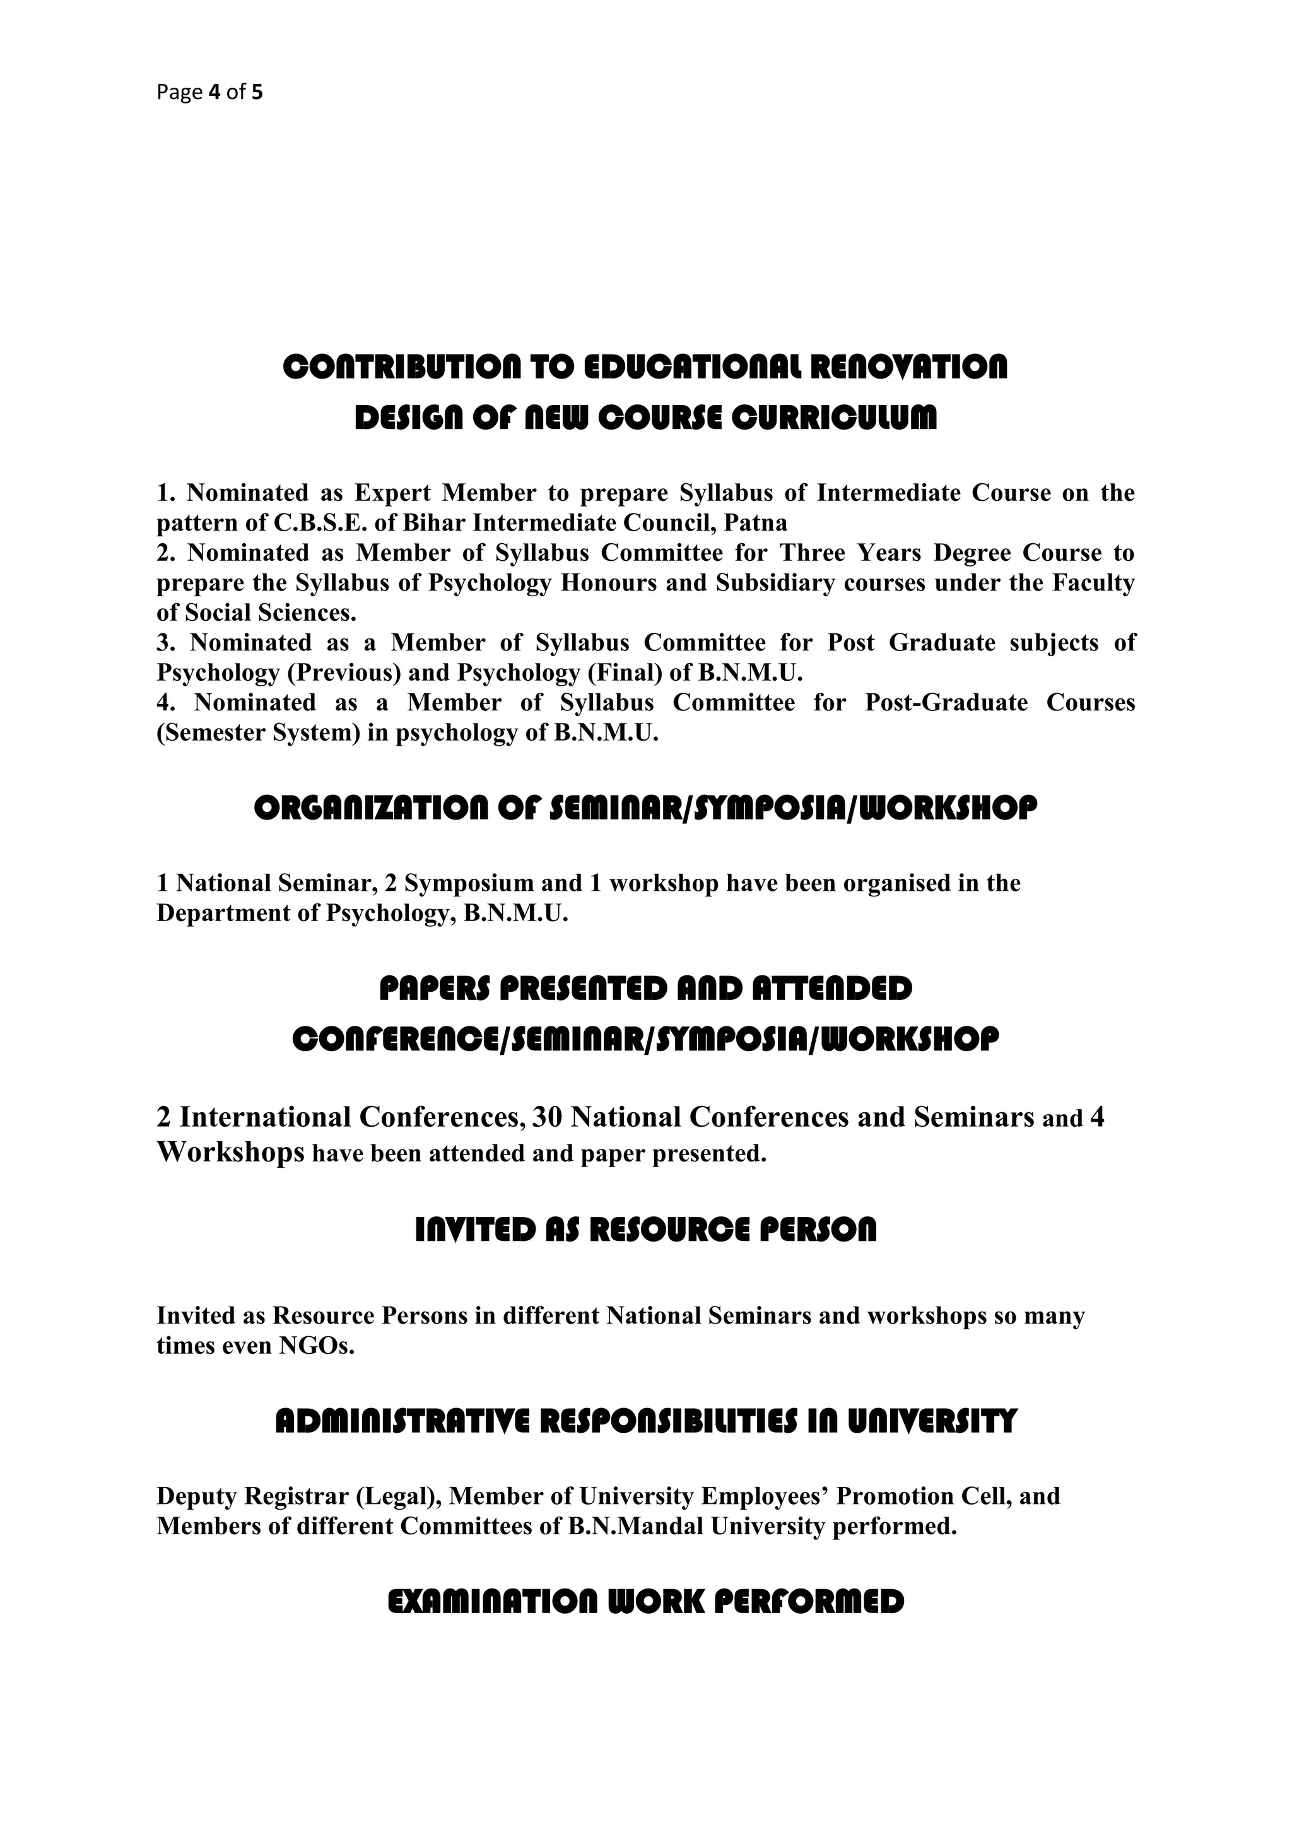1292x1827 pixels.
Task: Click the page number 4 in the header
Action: pos(213,93)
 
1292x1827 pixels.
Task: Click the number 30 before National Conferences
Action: pos(548,1118)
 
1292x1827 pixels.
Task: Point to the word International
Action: pos(265,1118)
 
